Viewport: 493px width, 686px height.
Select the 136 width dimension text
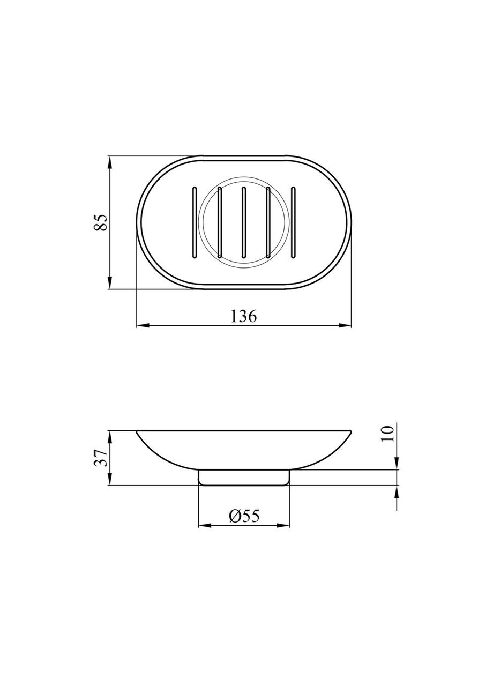point(243,316)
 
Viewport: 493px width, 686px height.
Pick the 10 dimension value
point(387,434)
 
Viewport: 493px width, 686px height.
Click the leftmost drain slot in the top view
point(194,222)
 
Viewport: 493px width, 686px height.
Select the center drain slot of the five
point(243,222)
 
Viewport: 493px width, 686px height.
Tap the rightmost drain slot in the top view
point(293,222)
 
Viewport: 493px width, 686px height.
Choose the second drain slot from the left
point(219,222)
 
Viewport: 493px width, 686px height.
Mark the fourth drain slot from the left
point(268,222)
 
